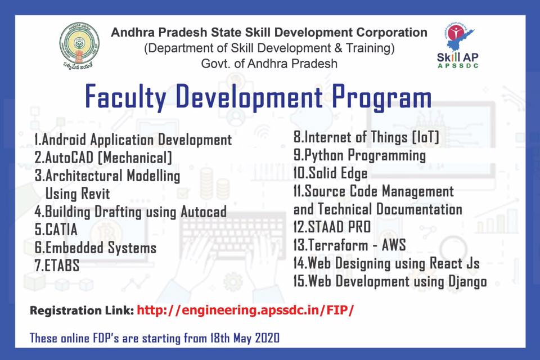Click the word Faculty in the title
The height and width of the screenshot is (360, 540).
click(x=125, y=97)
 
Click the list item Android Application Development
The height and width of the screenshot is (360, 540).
click(x=133, y=139)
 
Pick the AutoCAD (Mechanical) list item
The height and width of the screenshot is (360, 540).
click(x=103, y=157)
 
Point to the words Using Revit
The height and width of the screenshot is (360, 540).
click(x=77, y=194)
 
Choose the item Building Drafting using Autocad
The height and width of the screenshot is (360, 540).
click(x=130, y=211)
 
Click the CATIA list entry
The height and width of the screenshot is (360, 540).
click(x=56, y=229)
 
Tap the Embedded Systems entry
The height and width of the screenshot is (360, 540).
click(x=95, y=247)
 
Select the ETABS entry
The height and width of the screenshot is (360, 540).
click(x=57, y=265)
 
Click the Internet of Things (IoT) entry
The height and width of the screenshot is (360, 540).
click(x=366, y=137)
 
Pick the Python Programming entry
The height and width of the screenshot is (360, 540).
click(x=359, y=155)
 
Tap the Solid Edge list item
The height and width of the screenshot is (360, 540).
click(x=330, y=173)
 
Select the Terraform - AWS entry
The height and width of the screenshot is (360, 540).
click(x=349, y=245)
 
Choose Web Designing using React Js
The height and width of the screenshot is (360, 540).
click(x=386, y=263)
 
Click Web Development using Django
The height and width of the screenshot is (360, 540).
click(x=390, y=281)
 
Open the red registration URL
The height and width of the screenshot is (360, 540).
click(x=245, y=310)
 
